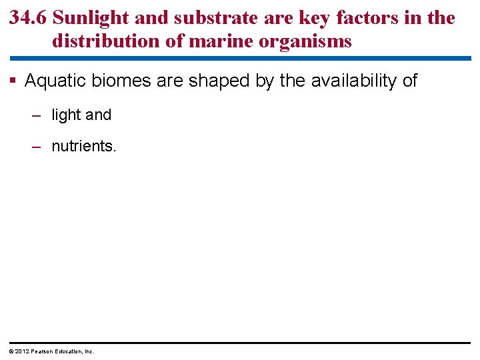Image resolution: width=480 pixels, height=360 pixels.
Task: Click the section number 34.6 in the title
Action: tap(27, 17)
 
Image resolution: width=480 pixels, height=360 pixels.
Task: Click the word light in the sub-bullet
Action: tap(66, 115)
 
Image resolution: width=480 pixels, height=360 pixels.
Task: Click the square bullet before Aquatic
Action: tap(13, 81)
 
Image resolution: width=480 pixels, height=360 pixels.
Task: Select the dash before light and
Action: tap(37, 115)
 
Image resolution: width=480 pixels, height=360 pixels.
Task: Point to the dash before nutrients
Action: tap(37, 146)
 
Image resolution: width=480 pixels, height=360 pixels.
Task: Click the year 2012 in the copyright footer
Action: tap(22, 351)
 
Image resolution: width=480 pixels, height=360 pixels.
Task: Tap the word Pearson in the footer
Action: tap(42, 351)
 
